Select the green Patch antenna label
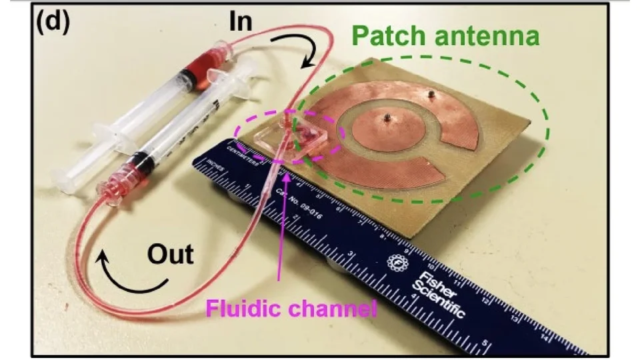tap(445, 37)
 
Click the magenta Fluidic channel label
tap(291, 309)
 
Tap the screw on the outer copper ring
tap(431, 94)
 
